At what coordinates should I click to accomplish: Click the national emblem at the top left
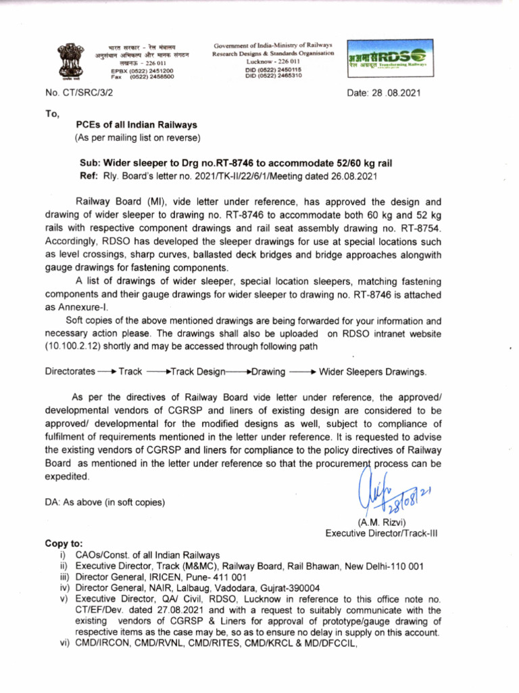69,61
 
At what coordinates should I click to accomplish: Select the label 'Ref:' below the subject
89,176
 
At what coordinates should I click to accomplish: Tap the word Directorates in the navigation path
70,372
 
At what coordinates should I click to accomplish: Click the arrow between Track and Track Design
158,372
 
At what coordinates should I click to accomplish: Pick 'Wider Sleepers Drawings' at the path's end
372,372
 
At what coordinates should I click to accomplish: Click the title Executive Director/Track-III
382,533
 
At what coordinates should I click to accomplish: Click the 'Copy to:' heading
64,543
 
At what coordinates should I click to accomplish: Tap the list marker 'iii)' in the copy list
65,577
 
